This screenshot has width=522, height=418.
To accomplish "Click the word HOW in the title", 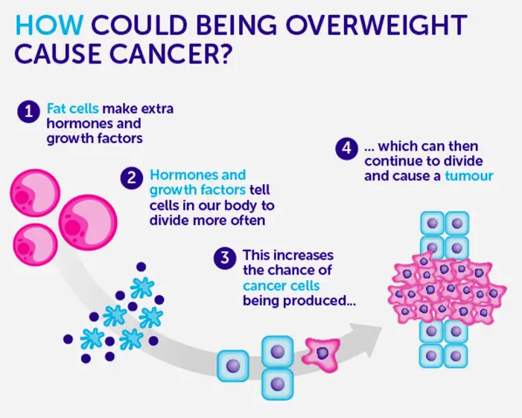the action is click(49, 25).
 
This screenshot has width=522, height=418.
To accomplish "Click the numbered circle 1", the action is click(29, 111).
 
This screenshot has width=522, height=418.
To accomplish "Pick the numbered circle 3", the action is click(225, 258).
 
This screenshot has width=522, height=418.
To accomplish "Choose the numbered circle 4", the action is click(346, 148).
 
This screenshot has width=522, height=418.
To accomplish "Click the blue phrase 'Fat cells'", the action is click(73, 109).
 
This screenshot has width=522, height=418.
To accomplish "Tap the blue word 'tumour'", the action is click(468, 176).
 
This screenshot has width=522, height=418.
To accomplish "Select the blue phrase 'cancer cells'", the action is click(281, 285).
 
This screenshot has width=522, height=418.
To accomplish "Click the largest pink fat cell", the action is click(88, 222).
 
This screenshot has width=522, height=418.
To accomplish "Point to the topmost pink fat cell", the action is click(35, 193).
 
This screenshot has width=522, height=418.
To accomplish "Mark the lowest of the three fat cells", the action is click(35, 245).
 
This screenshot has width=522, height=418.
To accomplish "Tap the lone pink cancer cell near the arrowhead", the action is click(322, 354).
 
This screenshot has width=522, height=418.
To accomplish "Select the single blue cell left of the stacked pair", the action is click(233, 366).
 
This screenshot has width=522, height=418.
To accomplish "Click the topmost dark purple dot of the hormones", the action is click(141, 267).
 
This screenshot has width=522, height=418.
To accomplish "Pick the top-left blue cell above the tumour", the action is click(432, 223).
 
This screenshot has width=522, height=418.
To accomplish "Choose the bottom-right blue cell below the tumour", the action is click(456, 356).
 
